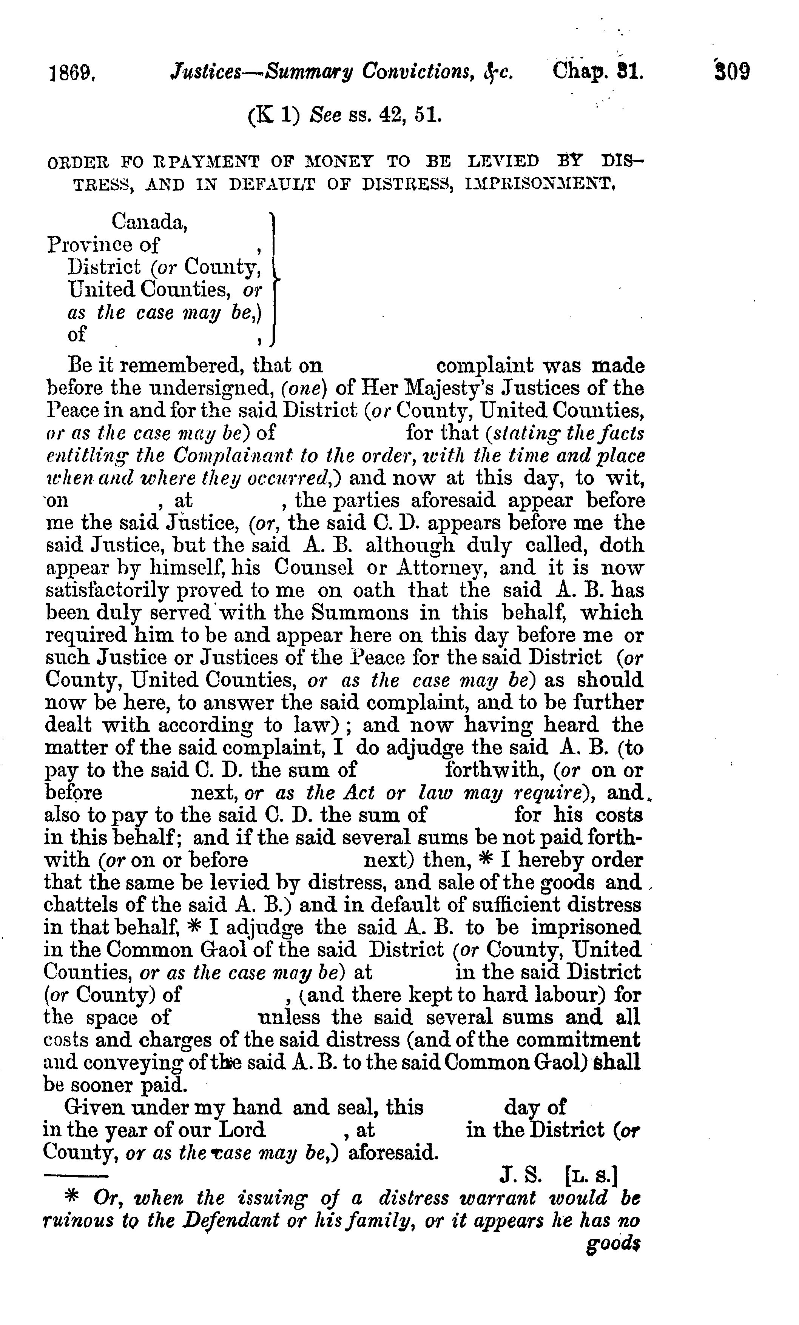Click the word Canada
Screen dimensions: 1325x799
[150, 221]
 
